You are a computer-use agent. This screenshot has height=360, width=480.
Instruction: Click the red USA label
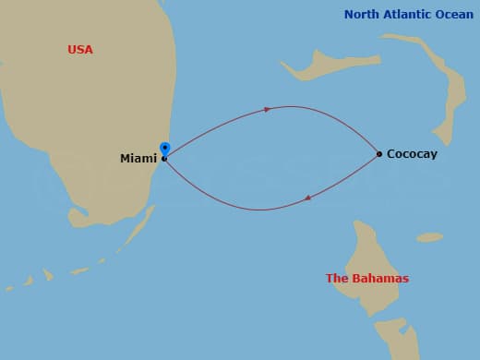pos(80,49)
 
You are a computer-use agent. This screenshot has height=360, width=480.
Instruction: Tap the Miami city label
pos(138,159)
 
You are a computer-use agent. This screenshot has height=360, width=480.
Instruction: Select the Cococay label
pos(412,154)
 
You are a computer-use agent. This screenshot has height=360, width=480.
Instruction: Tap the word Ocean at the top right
pos(455,14)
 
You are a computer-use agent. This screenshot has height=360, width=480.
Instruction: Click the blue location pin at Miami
pos(165,148)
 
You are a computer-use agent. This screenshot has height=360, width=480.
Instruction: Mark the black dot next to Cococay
pos(379,154)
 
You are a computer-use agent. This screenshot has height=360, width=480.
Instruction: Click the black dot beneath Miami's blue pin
pos(165,159)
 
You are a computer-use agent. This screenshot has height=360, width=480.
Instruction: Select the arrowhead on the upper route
pos(267,109)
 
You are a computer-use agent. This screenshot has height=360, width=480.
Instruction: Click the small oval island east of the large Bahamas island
pos(429,237)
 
